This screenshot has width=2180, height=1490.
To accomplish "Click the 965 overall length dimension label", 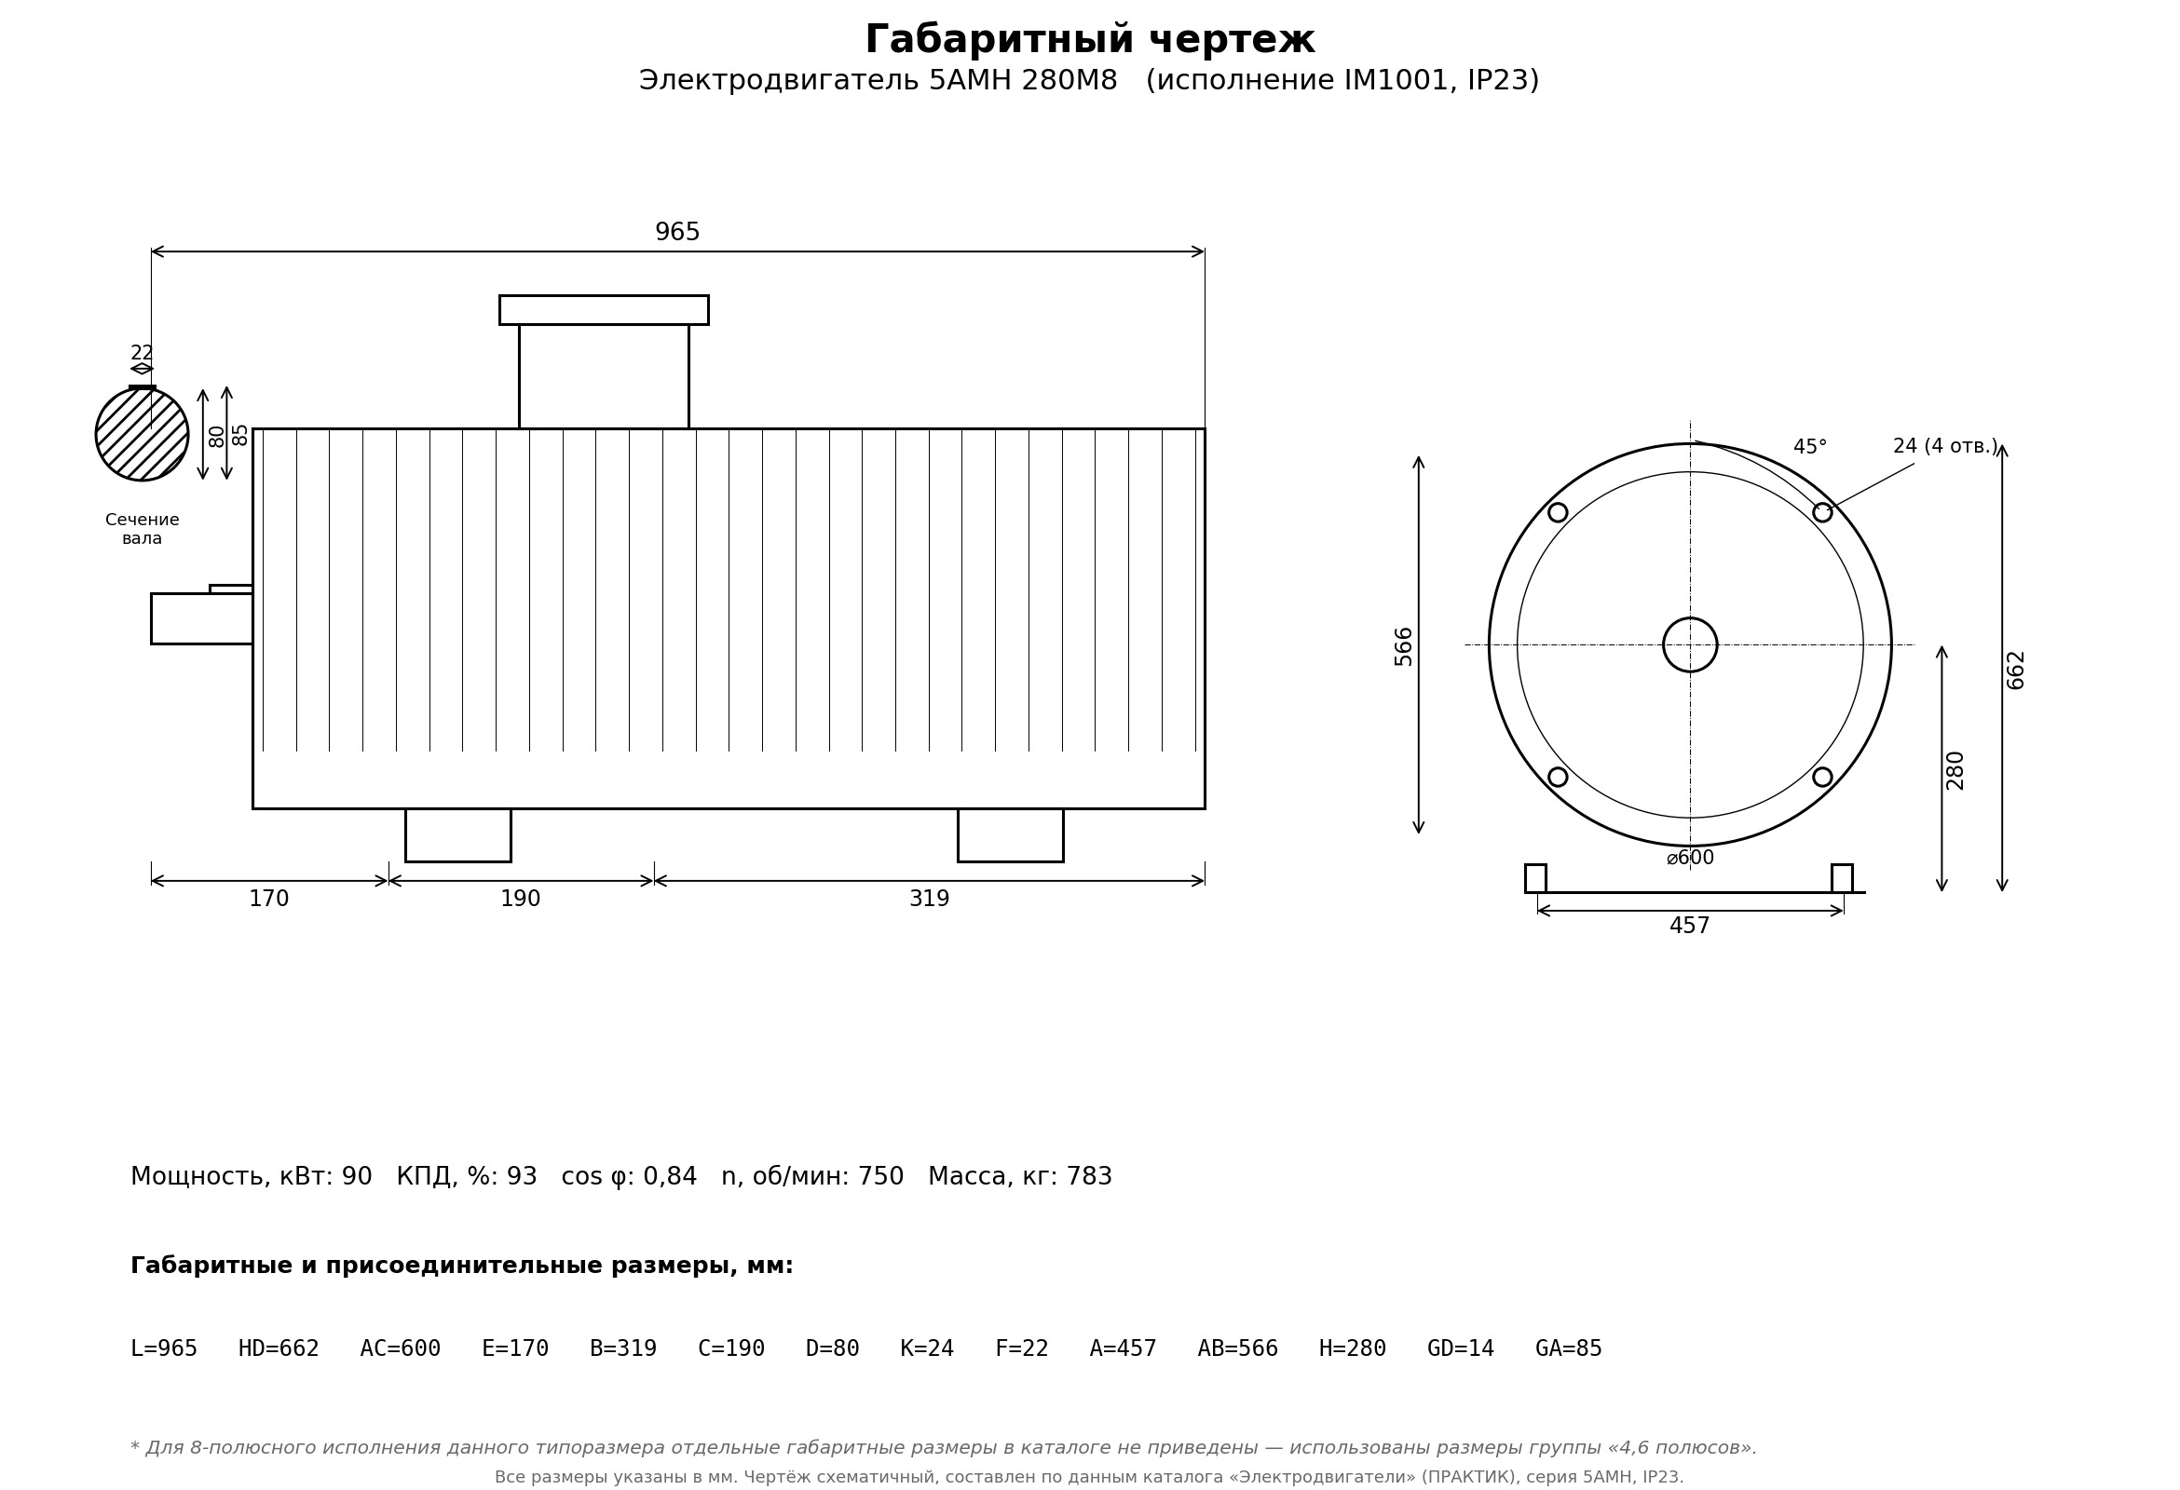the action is coord(677,233).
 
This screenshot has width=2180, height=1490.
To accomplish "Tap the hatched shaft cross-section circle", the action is coord(142,434).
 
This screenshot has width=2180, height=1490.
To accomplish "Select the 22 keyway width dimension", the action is coord(142,354).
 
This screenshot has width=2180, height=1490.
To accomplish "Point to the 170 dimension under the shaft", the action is coord(269,900).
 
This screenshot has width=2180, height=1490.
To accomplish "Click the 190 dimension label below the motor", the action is coord(521,900).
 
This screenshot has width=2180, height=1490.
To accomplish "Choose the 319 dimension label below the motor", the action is coord(930,900).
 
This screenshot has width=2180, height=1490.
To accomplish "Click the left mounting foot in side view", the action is coord(457,834).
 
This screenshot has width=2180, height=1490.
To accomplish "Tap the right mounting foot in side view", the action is coord(1010,834).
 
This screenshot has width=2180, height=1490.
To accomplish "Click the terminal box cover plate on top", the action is coord(603,309).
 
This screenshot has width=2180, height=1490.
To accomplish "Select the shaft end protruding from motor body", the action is coord(201,618).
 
